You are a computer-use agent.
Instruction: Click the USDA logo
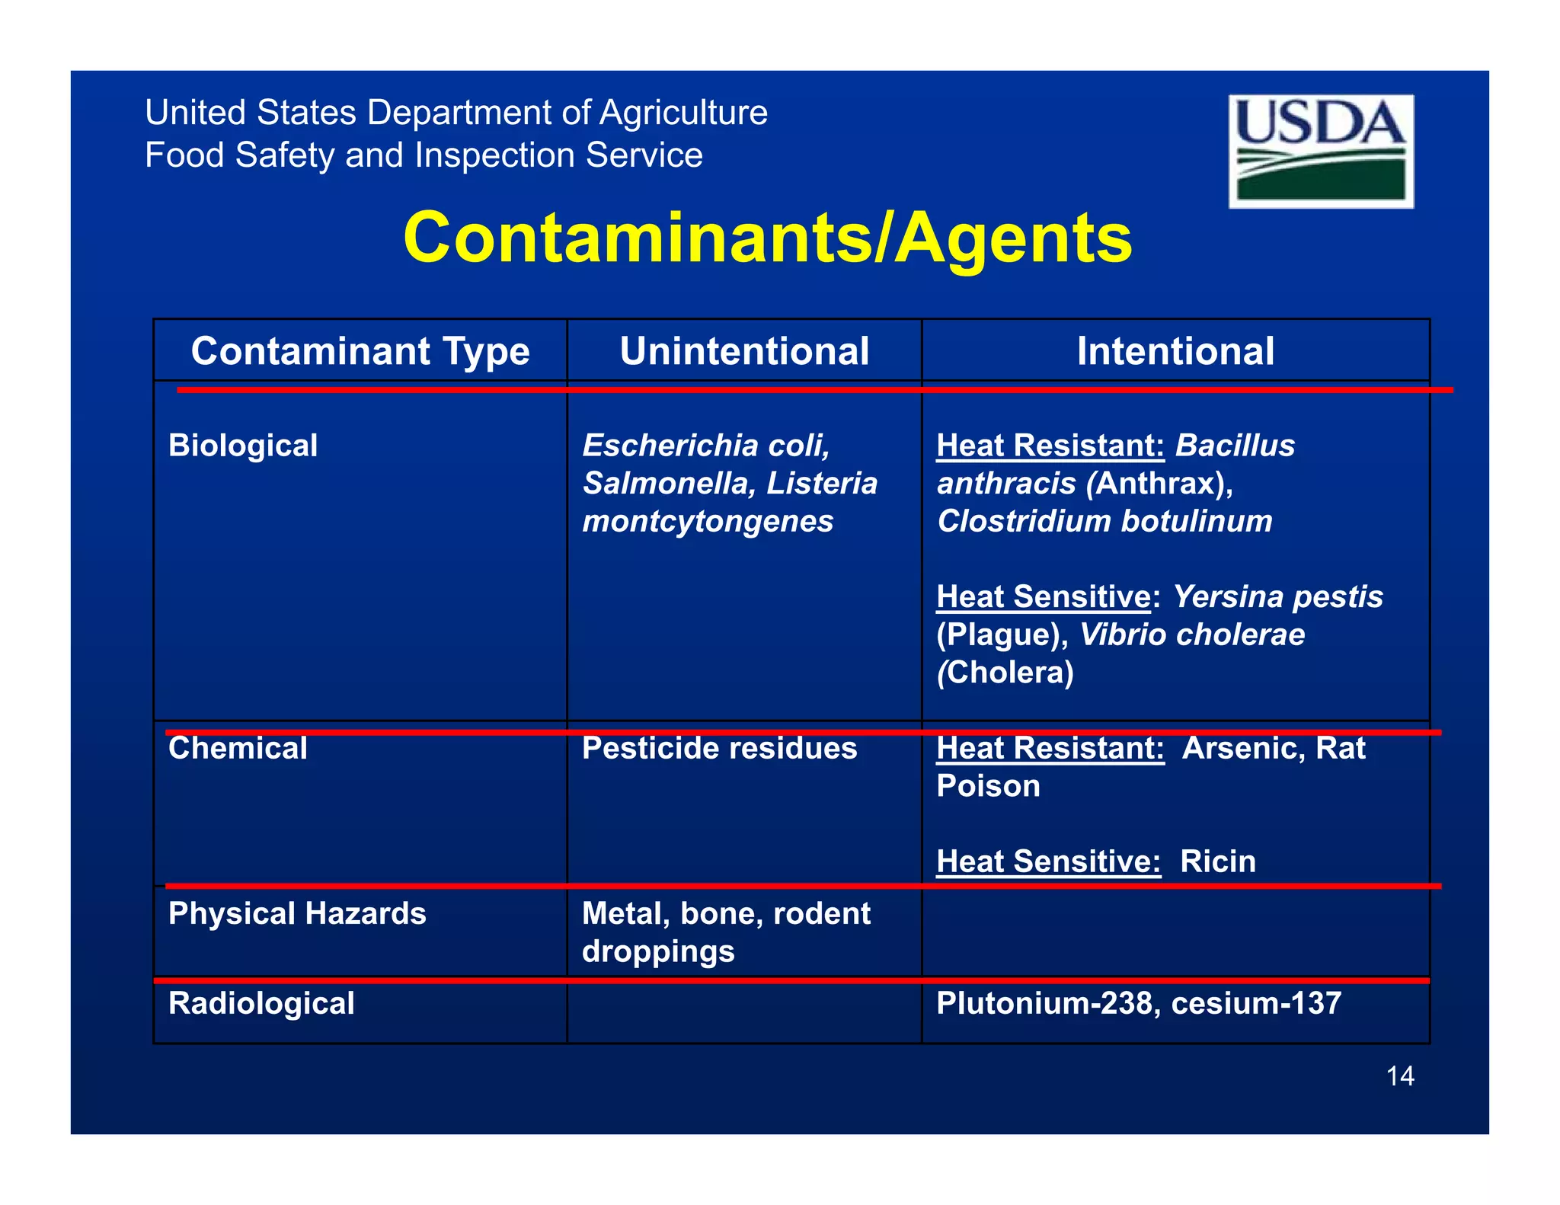(x=1321, y=151)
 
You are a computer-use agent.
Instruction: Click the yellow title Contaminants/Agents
(x=767, y=238)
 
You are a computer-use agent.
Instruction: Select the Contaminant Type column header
(x=360, y=351)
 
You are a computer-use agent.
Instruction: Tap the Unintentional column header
(x=744, y=351)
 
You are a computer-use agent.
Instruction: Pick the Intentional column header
(x=1175, y=351)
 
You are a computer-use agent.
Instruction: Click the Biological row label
(x=243, y=446)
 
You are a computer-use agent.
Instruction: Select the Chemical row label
(x=238, y=748)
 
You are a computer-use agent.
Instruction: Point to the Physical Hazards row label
(x=297, y=913)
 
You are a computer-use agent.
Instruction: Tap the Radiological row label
(x=261, y=1003)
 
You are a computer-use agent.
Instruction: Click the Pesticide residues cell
(x=719, y=748)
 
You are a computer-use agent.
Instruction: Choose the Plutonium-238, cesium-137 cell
(x=1139, y=1003)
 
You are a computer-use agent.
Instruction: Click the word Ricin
(x=1217, y=861)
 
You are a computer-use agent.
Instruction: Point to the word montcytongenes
(x=708, y=522)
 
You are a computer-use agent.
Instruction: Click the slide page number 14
(x=1400, y=1076)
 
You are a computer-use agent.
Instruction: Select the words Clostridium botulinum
(x=1104, y=522)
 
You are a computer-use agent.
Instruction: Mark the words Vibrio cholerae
(x=1192, y=634)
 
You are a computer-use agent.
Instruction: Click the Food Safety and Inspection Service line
(x=424, y=155)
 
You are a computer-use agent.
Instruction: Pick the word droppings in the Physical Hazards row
(x=658, y=951)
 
